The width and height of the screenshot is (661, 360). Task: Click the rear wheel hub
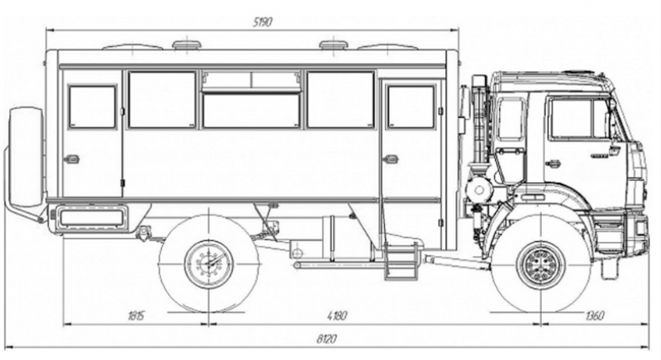pos(203,263)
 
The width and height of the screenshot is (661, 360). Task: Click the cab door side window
pos(578,119)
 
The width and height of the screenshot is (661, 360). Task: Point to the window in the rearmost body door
pos(92,107)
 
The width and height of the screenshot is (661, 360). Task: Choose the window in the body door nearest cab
pos(410,107)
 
